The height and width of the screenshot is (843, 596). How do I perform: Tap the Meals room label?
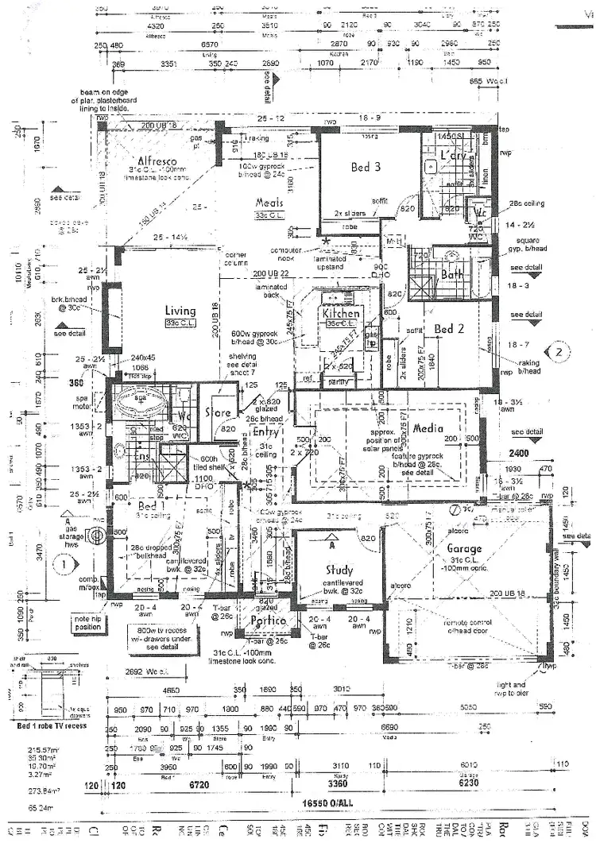tap(269, 203)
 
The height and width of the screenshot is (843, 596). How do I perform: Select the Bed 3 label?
tap(366, 167)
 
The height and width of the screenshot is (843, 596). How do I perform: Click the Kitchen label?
tap(341, 314)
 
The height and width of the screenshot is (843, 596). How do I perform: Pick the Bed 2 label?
tap(449, 329)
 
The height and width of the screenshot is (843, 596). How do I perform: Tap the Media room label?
tap(427, 428)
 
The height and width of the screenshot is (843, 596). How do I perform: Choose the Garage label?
tap(463, 548)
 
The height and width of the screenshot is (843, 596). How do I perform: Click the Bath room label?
tap(452, 274)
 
